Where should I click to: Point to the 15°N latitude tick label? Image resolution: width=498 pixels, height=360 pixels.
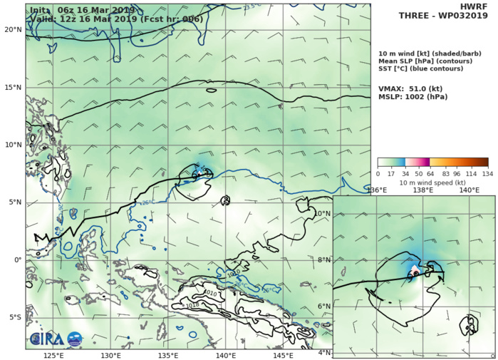pos(11,87)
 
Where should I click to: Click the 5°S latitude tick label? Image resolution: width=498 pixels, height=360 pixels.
pos(12,317)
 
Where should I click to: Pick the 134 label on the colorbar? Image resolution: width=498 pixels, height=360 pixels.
pos(488,173)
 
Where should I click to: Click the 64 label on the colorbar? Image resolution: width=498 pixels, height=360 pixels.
pos(430,173)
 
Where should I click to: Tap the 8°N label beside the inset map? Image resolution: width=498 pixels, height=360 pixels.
pos(324,260)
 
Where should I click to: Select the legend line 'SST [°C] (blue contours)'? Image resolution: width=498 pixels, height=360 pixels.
pos(423,70)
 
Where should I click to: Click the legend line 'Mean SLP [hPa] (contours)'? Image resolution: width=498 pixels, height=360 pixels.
pos(424,61)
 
